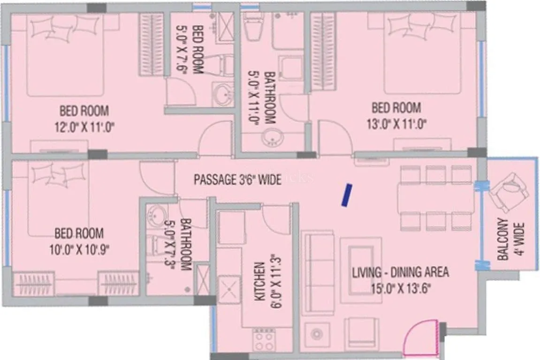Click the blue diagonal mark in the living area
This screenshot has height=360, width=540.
(346, 195)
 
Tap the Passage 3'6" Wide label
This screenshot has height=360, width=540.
(238, 179)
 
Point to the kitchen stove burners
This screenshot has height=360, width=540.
(264, 340)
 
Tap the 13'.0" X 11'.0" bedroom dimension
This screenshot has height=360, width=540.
(396, 125)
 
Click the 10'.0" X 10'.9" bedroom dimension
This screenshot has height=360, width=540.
(78, 248)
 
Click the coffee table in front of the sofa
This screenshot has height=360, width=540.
(360, 263)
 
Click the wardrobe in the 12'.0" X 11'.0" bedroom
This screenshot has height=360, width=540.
(151, 44)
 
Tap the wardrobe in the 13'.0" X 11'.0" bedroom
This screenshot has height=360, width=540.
(323, 52)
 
